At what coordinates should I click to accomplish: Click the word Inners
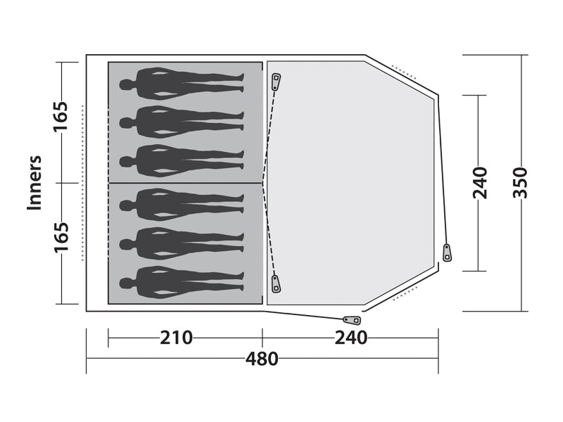click(34, 183)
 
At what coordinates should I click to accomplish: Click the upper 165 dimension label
click(61, 117)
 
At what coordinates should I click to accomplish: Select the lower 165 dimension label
click(61, 238)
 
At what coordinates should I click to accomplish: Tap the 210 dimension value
click(176, 338)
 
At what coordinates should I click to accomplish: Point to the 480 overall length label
click(262, 359)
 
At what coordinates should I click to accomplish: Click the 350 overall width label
click(520, 183)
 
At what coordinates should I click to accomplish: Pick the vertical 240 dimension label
click(480, 183)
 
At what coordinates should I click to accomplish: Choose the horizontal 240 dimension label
click(350, 338)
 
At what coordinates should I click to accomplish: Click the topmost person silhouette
click(182, 83)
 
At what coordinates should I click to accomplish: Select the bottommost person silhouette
click(182, 283)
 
